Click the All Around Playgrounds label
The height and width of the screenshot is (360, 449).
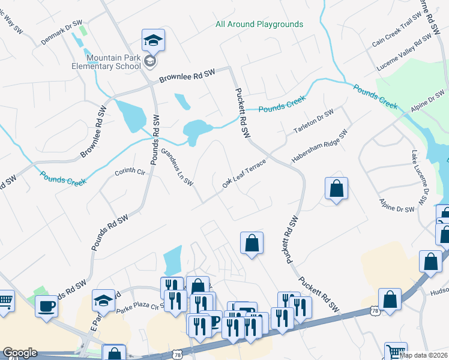259,25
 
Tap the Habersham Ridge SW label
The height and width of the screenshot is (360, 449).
320,148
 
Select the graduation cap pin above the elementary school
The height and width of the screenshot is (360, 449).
153,41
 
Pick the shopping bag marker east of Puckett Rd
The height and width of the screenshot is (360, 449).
337,188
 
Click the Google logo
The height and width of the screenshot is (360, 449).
20,353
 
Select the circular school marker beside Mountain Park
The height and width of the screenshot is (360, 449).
151,62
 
